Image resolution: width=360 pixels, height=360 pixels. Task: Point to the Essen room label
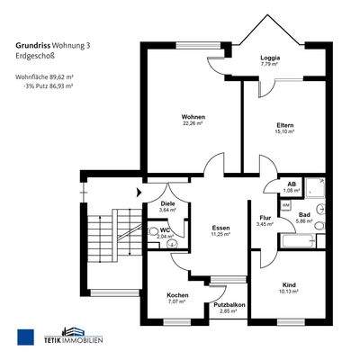point(220,229)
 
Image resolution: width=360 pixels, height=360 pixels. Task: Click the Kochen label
point(177,295)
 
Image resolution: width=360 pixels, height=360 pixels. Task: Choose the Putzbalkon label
point(230,305)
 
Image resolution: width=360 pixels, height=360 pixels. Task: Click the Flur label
point(265,217)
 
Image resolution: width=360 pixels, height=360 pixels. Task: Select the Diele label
point(167,203)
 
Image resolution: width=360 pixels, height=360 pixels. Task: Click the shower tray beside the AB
point(314,188)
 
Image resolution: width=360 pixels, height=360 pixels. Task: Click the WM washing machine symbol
point(285,205)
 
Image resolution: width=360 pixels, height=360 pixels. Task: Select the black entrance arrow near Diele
point(138,191)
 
